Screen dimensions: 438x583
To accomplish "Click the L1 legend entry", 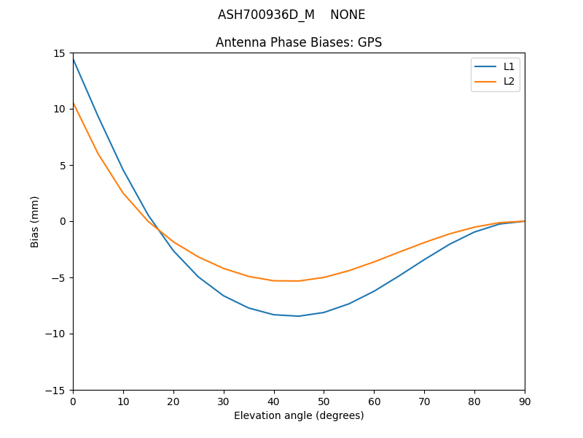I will click(509, 66).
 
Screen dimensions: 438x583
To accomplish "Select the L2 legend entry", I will click(509, 81).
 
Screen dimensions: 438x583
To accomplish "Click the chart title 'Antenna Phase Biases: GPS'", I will click(299, 42).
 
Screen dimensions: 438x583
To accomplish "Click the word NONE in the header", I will click(348, 15).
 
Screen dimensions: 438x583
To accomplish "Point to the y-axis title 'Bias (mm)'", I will click(35, 221).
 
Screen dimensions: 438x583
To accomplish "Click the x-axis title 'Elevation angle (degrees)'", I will click(299, 415).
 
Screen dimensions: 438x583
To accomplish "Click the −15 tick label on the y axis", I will click(57, 391).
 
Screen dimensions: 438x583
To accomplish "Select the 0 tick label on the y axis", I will click(63, 222).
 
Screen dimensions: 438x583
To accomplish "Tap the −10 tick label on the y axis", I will click(57, 334).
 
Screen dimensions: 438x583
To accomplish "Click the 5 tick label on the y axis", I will click(63, 166).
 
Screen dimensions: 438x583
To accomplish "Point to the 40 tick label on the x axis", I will click(274, 401).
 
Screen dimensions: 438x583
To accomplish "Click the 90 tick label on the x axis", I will click(524, 401).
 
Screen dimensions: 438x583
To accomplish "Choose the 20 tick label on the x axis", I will click(173, 401).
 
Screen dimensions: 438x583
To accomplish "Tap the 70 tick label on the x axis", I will click(424, 401).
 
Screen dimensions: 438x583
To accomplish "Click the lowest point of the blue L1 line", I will click(299, 316).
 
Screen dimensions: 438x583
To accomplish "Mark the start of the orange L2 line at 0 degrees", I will click(73, 103).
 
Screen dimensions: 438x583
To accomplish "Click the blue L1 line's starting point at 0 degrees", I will click(73, 58).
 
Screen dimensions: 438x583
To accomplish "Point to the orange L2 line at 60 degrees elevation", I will click(374, 261).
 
